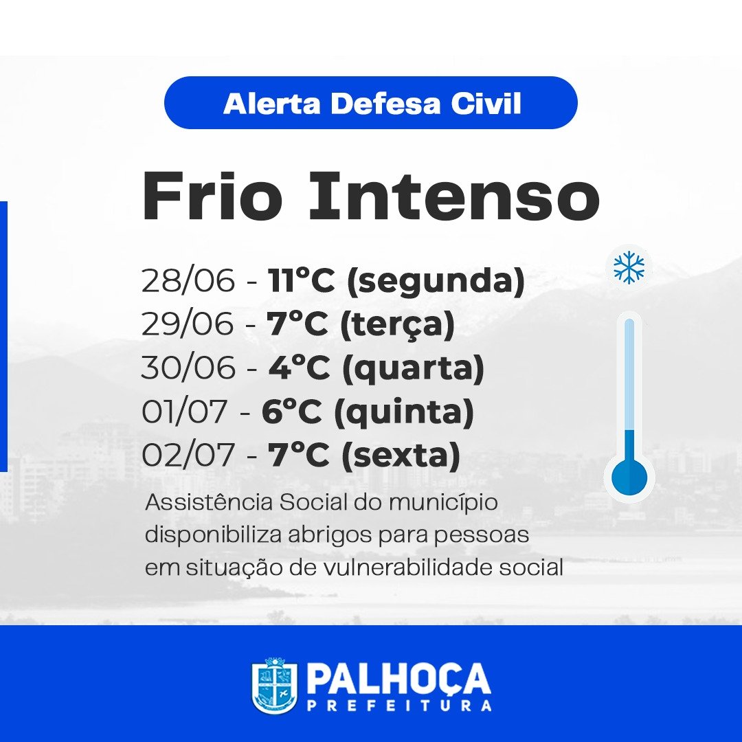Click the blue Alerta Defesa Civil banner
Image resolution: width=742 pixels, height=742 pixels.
coord(370,102)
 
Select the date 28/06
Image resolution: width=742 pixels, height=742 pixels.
coord(188,280)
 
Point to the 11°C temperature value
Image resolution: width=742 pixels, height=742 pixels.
coord(301,280)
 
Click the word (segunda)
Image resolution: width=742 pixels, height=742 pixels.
coord(436,282)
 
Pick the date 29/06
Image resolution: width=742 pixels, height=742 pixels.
coord(188,324)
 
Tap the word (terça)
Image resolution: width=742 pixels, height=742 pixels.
coord(398,326)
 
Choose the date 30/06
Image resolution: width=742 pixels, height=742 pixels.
coord(188,367)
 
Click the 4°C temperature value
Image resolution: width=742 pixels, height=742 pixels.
coord(299,367)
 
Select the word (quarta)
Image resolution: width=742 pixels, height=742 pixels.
coord(413,369)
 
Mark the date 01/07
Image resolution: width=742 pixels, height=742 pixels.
coord(185,412)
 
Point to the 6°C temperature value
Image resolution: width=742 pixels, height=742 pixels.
coord(291,412)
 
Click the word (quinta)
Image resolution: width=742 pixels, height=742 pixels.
coord(404,413)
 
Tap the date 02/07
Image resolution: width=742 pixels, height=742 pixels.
coord(188,455)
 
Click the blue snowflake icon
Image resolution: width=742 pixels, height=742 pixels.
coord(629,267)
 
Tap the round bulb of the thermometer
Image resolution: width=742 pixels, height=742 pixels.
coord(629,477)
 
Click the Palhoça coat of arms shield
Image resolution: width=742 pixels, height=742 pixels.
coord(274,685)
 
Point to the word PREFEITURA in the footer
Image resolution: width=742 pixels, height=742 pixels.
coord(399,706)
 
